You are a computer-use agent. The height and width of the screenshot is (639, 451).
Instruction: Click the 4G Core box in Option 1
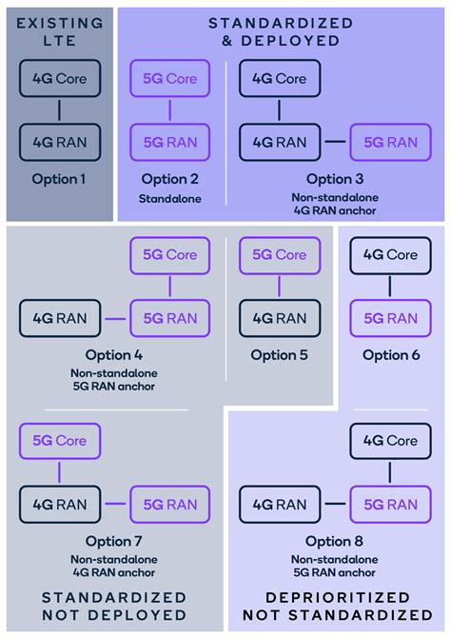[59, 79]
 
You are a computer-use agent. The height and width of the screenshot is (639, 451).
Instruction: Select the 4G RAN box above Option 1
[59, 143]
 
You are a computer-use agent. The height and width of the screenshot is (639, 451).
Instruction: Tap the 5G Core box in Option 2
[170, 79]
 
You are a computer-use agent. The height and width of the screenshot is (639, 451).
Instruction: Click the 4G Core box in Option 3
[278, 79]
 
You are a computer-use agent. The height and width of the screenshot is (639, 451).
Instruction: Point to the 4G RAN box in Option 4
[59, 316]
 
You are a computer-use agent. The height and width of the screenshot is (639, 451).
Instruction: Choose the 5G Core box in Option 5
[278, 255]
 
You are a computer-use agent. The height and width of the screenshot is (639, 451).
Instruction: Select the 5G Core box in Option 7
[59, 441]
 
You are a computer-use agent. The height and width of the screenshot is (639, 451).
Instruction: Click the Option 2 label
[170, 179]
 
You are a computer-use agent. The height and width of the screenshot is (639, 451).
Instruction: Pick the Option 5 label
[278, 355]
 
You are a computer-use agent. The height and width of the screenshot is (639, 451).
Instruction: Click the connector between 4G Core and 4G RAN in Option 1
[59, 110]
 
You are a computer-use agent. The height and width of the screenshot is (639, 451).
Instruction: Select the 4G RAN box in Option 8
[278, 504]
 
